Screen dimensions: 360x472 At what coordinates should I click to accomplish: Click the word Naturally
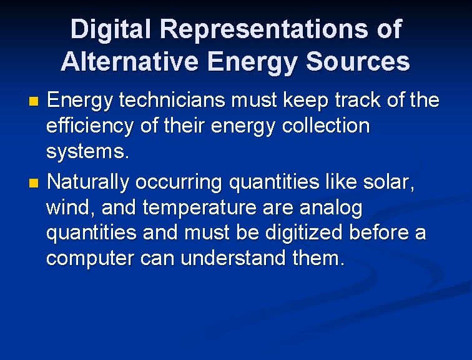88,182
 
